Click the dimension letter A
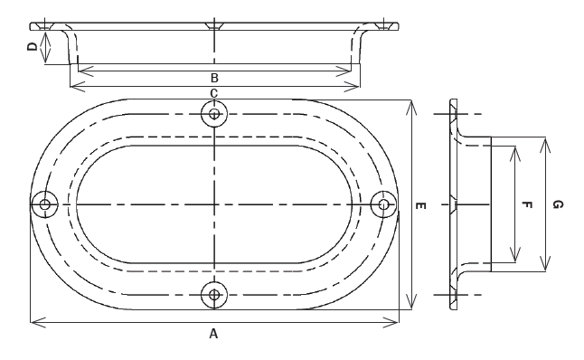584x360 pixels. point(213,334)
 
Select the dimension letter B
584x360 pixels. point(214,77)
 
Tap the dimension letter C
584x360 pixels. point(214,93)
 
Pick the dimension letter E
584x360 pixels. point(421,207)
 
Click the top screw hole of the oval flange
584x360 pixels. point(213,113)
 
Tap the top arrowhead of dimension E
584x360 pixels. point(411,103)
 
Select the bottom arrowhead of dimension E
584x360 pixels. point(411,306)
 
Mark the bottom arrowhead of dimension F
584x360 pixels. point(514,261)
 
